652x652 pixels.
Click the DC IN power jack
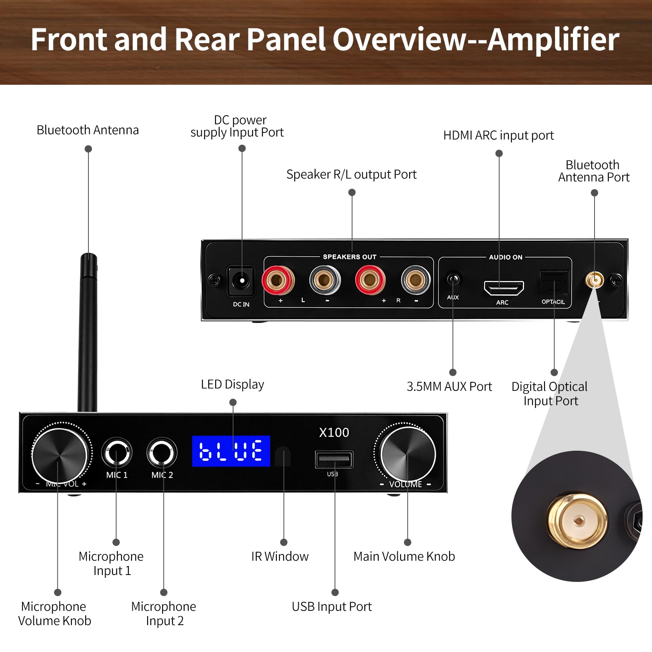click(x=241, y=281)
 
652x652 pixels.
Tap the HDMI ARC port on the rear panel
click(x=504, y=288)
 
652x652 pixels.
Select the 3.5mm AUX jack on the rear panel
click(x=453, y=280)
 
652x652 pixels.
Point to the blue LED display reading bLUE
click(x=231, y=451)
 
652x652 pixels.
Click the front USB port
click(x=334, y=460)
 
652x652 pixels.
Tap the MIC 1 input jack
click(x=117, y=452)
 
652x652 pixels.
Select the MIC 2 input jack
click(x=162, y=452)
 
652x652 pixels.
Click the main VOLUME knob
click(x=407, y=454)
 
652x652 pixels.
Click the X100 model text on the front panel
click(x=334, y=432)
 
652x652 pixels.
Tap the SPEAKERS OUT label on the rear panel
click(x=350, y=257)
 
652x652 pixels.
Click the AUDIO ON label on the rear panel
click(x=505, y=257)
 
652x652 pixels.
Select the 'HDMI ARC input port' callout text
click(x=498, y=135)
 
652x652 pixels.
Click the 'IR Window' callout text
click(x=280, y=556)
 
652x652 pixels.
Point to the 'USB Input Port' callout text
click(x=332, y=607)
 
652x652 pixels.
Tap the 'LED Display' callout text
click(x=232, y=384)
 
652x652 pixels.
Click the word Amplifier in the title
click(x=554, y=40)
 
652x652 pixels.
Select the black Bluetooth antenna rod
click(x=88, y=333)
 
